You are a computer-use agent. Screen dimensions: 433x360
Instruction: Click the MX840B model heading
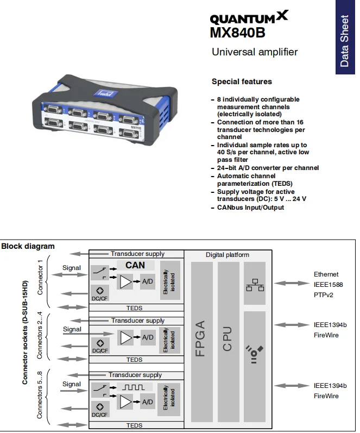click(237, 33)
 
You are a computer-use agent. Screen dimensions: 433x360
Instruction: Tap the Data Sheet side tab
click(344, 41)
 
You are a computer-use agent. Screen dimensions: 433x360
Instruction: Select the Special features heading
click(242, 81)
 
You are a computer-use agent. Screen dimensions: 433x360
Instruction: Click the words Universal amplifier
click(254, 52)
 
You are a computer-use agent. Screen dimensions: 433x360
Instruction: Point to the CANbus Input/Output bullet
click(250, 208)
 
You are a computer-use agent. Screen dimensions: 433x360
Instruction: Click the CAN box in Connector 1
click(135, 265)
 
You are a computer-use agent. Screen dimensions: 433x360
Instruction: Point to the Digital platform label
click(228, 255)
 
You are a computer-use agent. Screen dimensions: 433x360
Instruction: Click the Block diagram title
click(28, 246)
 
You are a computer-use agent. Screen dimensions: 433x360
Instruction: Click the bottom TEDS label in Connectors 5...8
click(134, 425)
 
